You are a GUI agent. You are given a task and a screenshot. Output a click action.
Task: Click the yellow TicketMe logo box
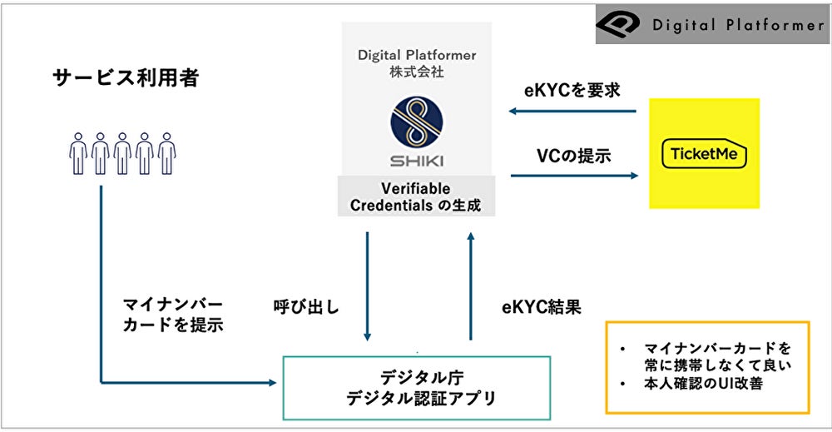[x=704, y=153]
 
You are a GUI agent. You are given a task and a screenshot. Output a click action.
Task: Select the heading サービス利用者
[x=126, y=79]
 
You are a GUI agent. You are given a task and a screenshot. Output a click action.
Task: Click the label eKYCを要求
[x=572, y=91]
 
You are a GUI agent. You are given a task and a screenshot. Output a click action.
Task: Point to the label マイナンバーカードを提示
[x=172, y=314]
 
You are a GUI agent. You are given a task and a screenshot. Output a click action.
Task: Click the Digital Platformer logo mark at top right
[x=620, y=24]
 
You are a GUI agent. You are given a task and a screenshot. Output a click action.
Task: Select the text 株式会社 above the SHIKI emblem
[x=416, y=72]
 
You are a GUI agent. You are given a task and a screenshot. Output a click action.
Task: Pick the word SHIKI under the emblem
[x=417, y=157]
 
